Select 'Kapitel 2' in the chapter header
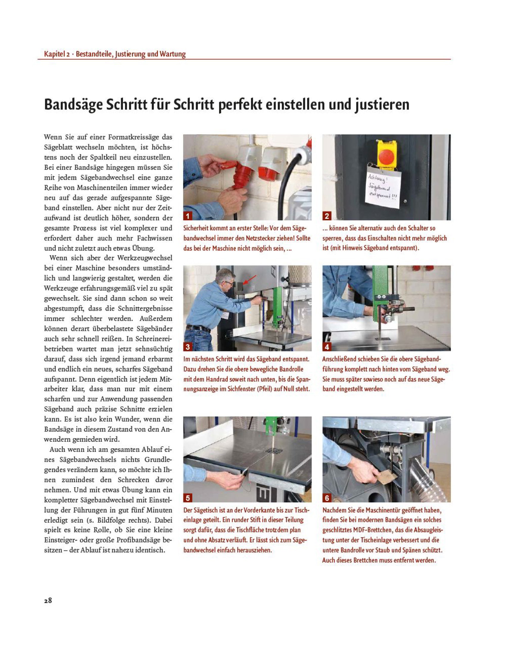point(57,54)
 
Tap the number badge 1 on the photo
point(188,216)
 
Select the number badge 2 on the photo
point(327,216)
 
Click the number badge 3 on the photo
point(188,347)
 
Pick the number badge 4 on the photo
point(327,347)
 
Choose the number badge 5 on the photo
point(188,498)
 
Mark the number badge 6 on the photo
point(327,498)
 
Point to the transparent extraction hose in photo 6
point(432,479)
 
